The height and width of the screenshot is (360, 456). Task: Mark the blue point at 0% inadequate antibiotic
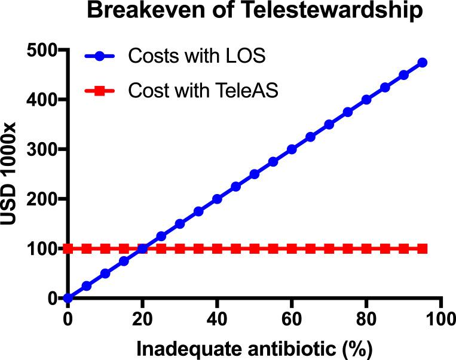pyautogui.click(x=68, y=298)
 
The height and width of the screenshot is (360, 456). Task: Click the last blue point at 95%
pyautogui.click(x=422, y=63)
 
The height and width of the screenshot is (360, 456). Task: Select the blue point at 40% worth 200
pyautogui.click(x=217, y=199)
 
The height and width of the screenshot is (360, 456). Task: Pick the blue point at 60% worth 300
pyautogui.click(x=292, y=149)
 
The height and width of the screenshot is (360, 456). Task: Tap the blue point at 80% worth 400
pyautogui.click(x=366, y=100)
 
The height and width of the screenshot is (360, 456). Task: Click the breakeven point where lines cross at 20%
pyautogui.click(x=143, y=248)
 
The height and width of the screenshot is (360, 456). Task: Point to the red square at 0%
pyautogui.click(x=68, y=248)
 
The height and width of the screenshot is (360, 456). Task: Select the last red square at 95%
pyautogui.click(x=422, y=248)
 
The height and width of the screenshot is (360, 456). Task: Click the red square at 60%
pyautogui.click(x=292, y=248)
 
